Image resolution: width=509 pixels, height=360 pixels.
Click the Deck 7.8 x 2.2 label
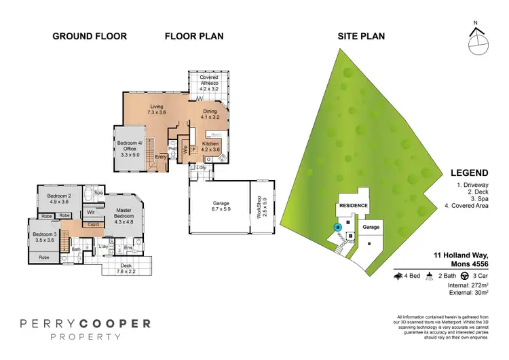coord(126,268)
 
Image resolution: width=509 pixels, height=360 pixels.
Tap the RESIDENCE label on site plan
coord(353,206)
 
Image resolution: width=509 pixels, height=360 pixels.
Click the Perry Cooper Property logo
coord(84,328)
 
